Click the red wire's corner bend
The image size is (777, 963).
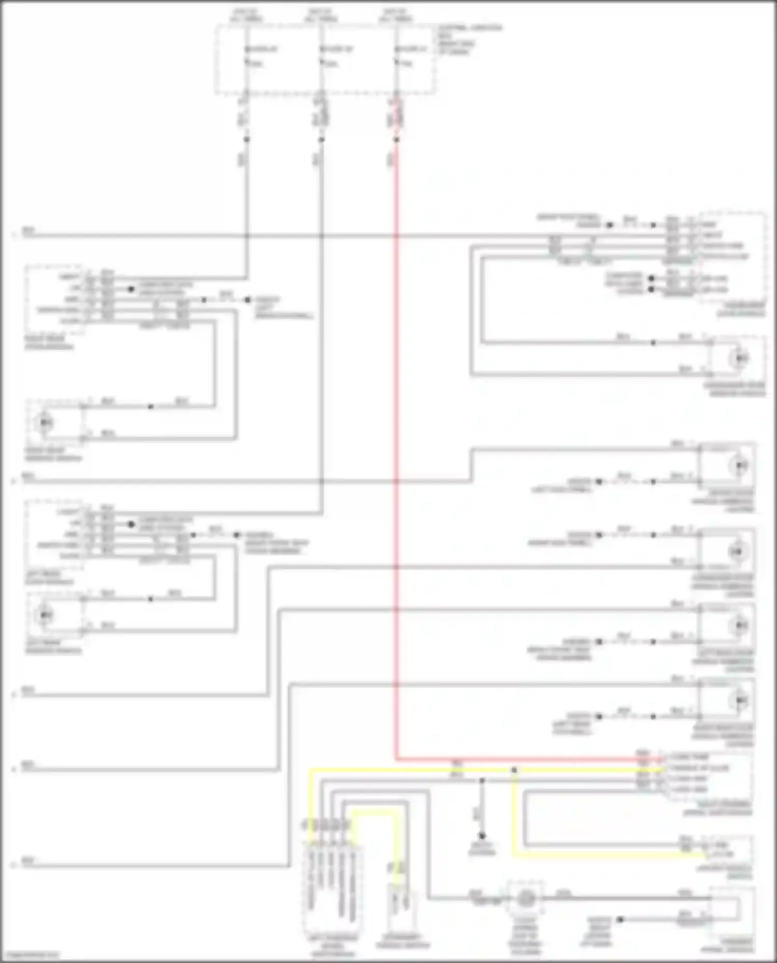(x=397, y=760)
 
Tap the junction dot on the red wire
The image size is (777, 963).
(x=396, y=140)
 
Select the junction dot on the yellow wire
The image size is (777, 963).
(x=514, y=770)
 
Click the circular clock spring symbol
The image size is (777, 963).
(x=526, y=899)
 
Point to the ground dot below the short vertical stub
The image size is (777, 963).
(x=482, y=836)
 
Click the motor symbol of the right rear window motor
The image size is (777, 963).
(x=46, y=423)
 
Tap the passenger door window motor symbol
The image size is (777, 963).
(x=740, y=358)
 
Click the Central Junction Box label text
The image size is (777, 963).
(x=469, y=39)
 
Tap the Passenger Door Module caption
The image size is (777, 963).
(x=740, y=309)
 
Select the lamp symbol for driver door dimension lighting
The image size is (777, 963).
(x=739, y=466)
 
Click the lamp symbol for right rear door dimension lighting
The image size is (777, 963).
(x=740, y=700)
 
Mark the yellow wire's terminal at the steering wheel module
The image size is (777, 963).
(x=663, y=769)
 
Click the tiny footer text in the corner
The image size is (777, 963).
(x=30, y=955)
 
